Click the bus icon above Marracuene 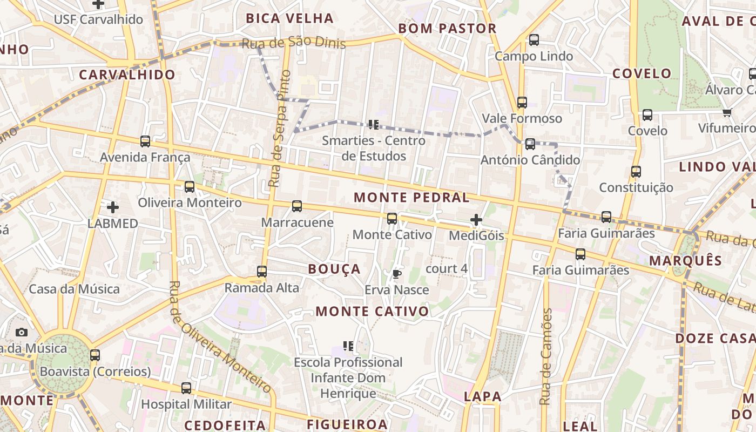click(x=297, y=206)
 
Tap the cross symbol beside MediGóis click(x=476, y=220)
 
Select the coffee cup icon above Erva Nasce click(x=397, y=274)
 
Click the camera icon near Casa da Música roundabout click(x=22, y=332)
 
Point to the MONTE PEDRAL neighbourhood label click(x=411, y=198)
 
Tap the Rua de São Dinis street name click(x=293, y=44)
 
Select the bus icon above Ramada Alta click(x=262, y=272)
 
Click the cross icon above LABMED click(x=112, y=207)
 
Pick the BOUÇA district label click(x=334, y=269)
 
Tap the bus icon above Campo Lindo click(x=534, y=40)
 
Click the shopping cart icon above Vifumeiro click(x=727, y=112)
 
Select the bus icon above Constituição click(x=636, y=172)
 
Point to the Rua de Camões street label click(x=546, y=356)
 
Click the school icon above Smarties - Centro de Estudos click(x=373, y=125)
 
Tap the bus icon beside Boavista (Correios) click(x=95, y=355)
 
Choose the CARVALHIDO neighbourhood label click(x=127, y=75)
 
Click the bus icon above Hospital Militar click(x=186, y=388)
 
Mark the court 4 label click(x=447, y=268)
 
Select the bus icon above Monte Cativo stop click(x=392, y=219)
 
